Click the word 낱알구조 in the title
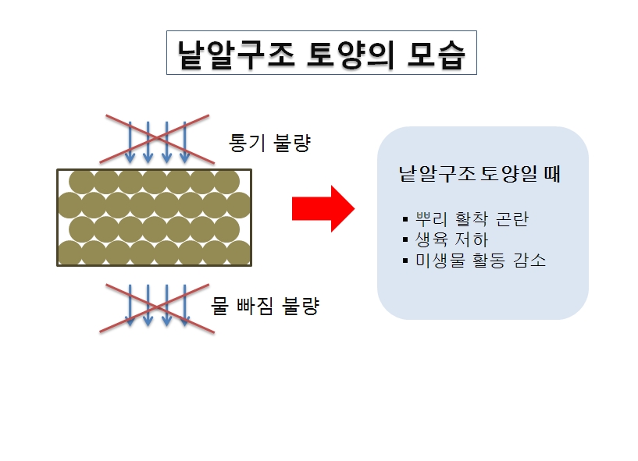236,54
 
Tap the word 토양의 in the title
351,54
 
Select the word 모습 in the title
436,54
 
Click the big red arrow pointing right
323,209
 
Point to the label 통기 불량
269,143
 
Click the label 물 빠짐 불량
265,306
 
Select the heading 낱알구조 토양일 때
479,174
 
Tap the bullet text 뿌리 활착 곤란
472,219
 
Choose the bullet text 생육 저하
451,239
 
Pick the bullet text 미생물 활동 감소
480,261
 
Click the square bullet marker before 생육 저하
405,239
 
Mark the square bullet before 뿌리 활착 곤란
405,219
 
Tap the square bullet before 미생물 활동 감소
405,261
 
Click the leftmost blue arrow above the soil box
130,142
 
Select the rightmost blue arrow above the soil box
185,142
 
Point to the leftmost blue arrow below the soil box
130,306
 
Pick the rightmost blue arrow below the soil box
185,306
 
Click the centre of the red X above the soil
157,139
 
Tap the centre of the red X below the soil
157,309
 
